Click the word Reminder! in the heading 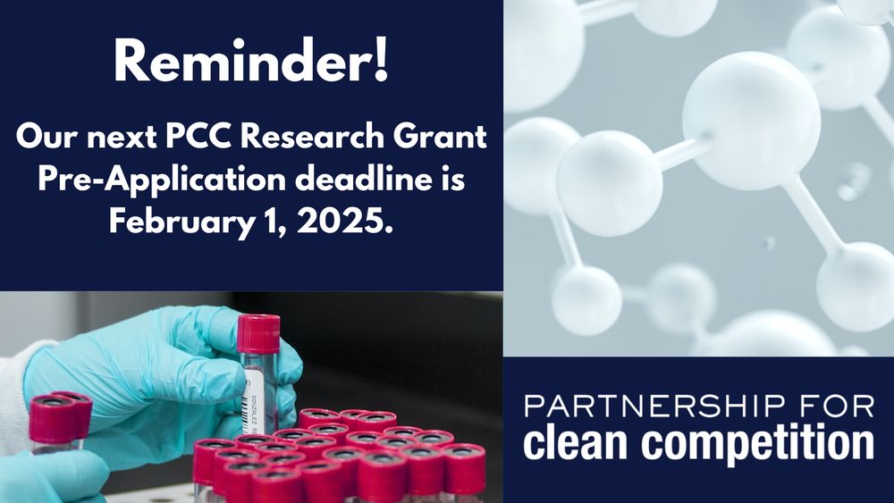[x=251, y=64]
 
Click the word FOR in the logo [x=839, y=408]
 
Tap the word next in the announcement [x=127, y=138]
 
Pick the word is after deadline [x=453, y=179]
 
